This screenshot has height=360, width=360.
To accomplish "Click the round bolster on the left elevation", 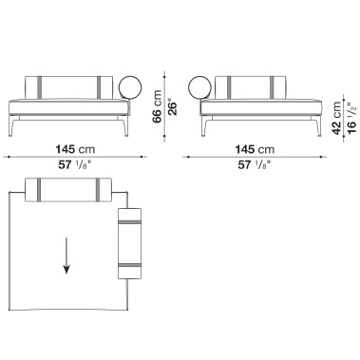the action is coord(130,86).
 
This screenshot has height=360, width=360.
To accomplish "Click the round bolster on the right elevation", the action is coord(199,86).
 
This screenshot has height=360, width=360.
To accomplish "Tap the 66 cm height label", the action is coord(157,106).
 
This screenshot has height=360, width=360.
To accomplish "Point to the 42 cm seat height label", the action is coord(337,118).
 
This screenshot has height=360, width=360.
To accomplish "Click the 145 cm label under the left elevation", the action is coord(75,149).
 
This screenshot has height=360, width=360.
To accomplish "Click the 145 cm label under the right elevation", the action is coord(255,149).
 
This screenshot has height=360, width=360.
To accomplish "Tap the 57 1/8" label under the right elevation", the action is coord(255,165).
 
